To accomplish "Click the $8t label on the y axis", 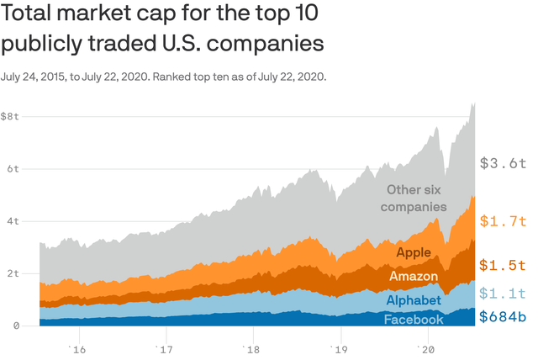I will [11, 116].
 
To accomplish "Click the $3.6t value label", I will [503, 163].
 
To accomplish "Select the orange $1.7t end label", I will [503, 222].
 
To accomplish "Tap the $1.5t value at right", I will [503, 265].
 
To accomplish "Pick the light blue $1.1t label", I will [503, 293].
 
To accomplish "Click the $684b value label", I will [503, 317].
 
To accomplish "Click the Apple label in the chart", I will [413, 252].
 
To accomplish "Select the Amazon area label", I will [413, 276].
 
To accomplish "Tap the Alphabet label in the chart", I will [414, 300].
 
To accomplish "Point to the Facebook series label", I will [414, 320].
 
